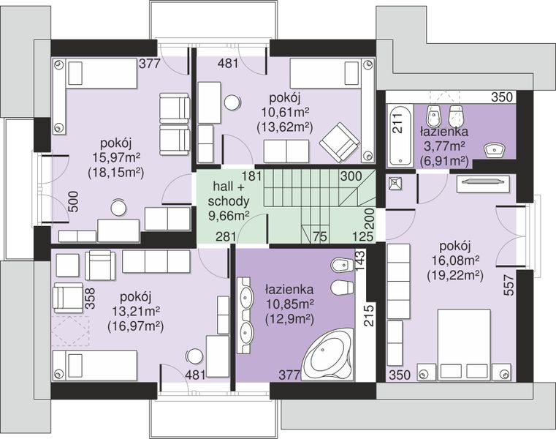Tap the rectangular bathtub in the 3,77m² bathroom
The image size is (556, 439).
pyautogui.click(x=400, y=135)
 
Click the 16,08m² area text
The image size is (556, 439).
pyautogui.click(x=456, y=260)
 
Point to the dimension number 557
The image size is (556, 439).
pyautogui.click(x=509, y=285)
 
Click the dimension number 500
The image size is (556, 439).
pyautogui.click(x=72, y=202)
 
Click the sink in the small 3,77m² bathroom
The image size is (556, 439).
pyautogui.click(x=495, y=149)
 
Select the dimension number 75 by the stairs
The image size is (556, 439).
pyautogui.click(x=319, y=236)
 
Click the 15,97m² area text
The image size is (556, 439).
pyautogui.click(x=116, y=157)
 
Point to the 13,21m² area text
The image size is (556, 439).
pyautogui.click(x=136, y=311)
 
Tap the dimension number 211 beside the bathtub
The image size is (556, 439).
pyautogui.click(x=398, y=123)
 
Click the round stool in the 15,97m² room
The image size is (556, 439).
pyautogui.click(x=118, y=207)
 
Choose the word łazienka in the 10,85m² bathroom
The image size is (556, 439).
pyautogui.click(x=289, y=290)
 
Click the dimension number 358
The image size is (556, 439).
pyautogui.click(x=90, y=298)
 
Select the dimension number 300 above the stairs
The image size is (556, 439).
pyautogui.click(x=351, y=176)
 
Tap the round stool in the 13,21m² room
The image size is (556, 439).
pyautogui.click(x=194, y=356)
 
